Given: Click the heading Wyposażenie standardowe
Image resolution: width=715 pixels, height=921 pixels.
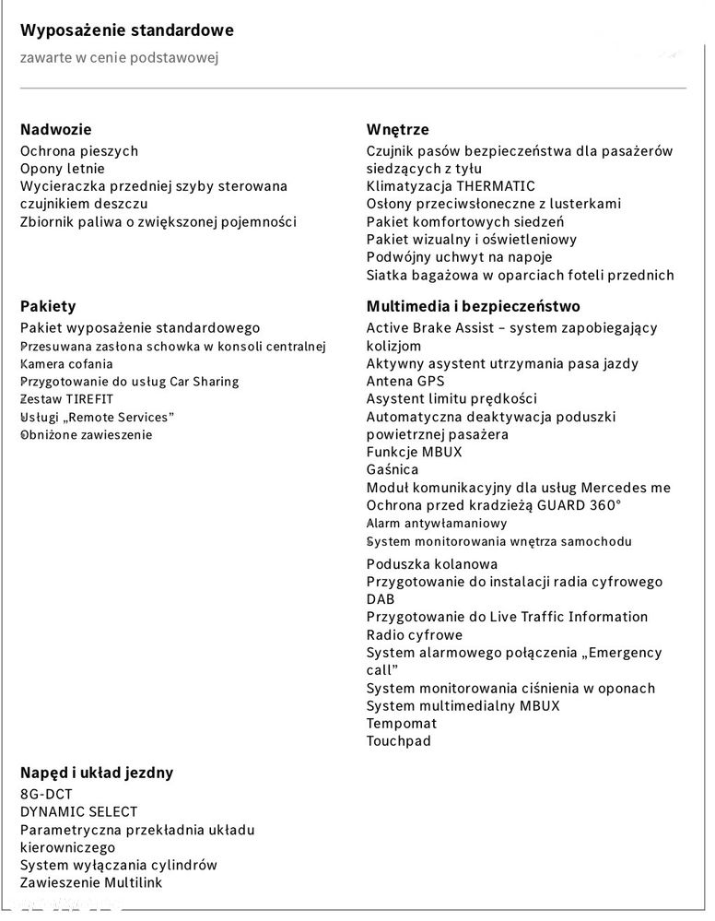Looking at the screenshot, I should point(126,30).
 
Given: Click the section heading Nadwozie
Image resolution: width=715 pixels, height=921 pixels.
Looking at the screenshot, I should point(56,130).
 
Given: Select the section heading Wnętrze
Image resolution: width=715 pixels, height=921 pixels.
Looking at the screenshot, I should point(397,130).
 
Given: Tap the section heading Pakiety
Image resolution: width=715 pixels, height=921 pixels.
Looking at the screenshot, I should point(48,306).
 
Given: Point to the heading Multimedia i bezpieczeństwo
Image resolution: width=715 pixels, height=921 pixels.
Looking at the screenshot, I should point(473,306).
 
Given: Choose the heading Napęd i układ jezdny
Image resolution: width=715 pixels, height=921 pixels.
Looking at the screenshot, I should point(97,773).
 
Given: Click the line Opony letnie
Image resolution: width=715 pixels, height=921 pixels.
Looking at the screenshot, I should point(63,169).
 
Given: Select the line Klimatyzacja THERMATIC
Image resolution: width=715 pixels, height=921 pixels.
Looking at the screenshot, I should point(451,186).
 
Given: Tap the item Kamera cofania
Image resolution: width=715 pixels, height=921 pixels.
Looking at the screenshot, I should point(66,364).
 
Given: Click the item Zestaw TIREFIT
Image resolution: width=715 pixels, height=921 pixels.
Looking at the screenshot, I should point(66,399).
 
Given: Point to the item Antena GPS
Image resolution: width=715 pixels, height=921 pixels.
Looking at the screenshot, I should point(405,381).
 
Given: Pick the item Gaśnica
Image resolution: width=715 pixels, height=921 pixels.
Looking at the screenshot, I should point(393,470).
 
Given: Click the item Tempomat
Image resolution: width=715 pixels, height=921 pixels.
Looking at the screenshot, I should point(401,724).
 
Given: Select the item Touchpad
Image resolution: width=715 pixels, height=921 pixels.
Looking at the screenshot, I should point(398,741).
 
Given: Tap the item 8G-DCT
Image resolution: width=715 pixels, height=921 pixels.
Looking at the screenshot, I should point(46,795).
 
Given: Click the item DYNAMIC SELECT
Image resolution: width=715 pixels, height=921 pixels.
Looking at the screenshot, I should point(78,812).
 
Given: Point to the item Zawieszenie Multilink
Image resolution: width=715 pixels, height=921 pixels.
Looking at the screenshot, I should point(92,883).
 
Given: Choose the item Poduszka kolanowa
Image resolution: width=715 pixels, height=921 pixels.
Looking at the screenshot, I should point(432,564).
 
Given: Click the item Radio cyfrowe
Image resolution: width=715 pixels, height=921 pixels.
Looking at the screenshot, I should point(415,635).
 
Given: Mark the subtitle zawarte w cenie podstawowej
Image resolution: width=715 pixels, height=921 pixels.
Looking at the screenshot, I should point(119,58).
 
